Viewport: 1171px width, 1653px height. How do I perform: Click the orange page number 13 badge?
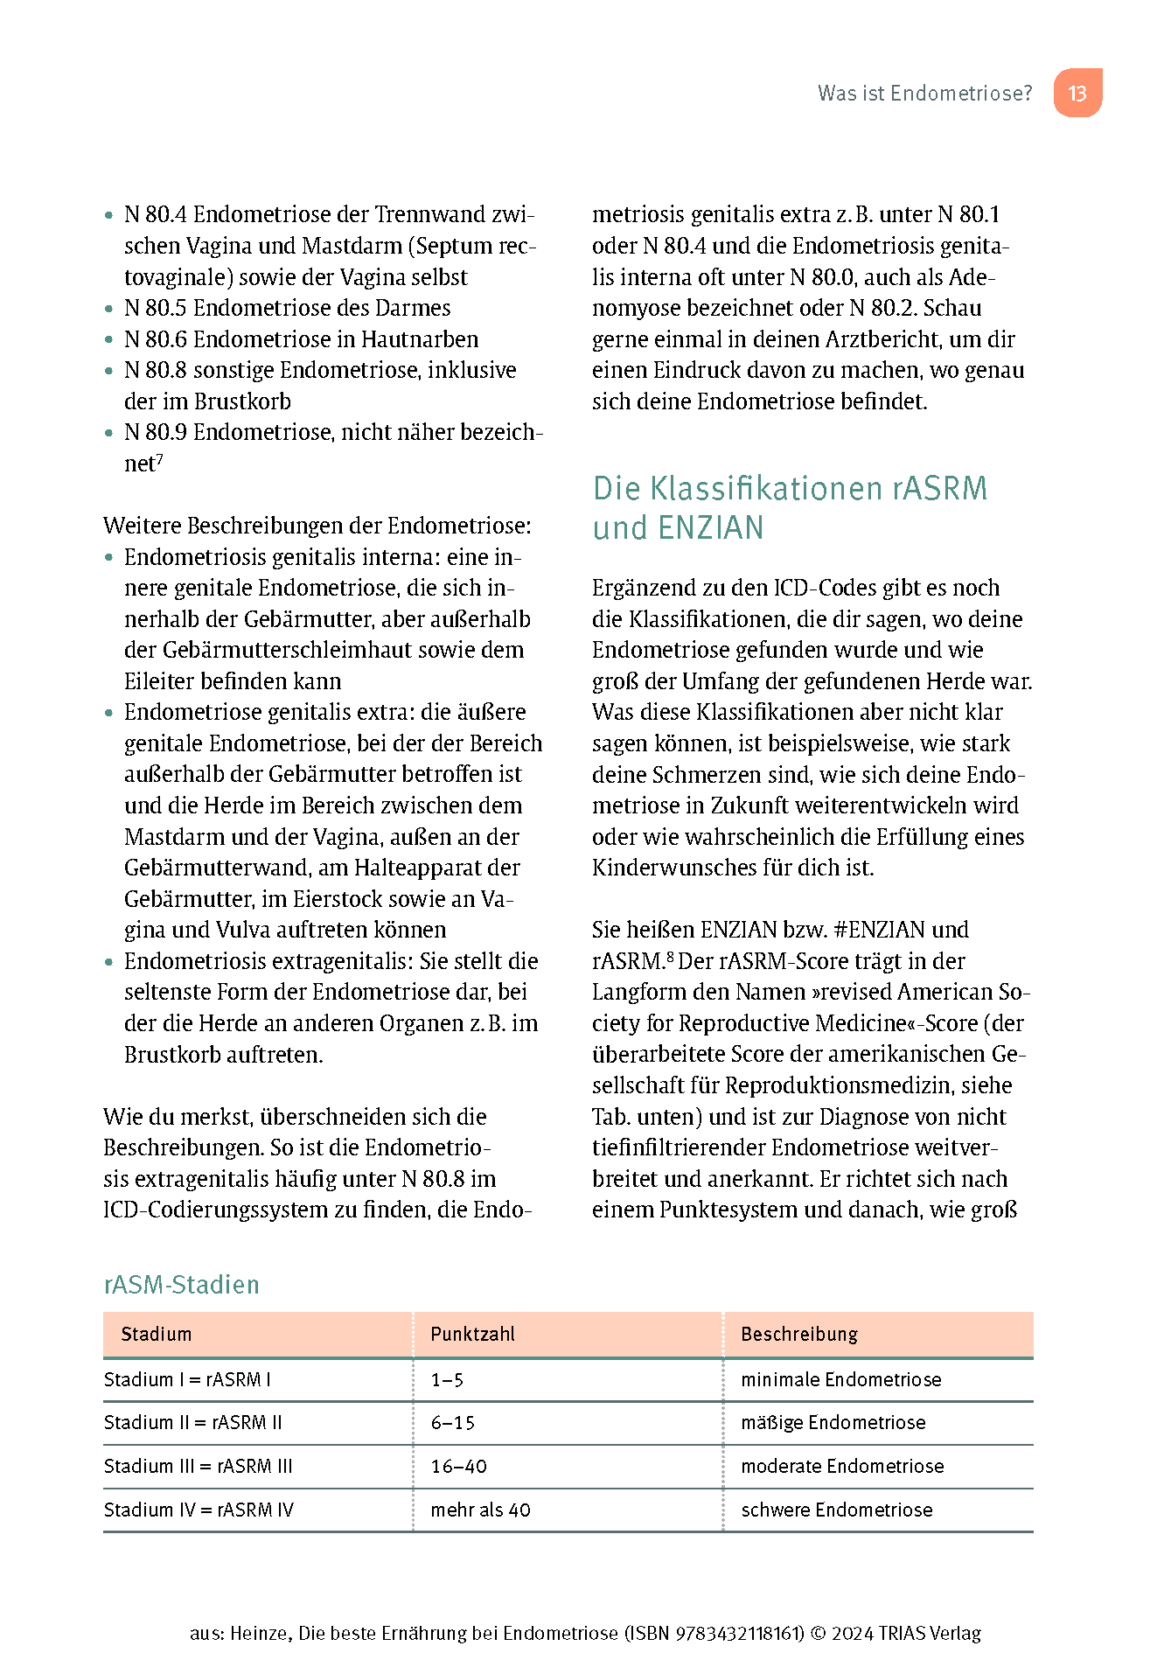click(x=1077, y=94)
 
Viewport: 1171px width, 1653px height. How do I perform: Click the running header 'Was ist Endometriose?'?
click(x=924, y=94)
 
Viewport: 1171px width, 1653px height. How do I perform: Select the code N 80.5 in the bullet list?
click(x=155, y=308)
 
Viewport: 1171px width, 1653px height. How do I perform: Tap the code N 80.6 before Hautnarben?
click(x=155, y=339)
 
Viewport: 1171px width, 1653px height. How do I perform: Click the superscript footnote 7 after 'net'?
click(x=160, y=458)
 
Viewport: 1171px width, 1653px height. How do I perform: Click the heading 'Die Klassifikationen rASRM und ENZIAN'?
click(x=789, y=507)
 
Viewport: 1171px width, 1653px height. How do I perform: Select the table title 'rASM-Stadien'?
click(x=181, y=1285)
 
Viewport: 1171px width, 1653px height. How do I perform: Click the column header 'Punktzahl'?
click(x=472, y=1335)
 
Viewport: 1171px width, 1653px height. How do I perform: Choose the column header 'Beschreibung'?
click(x=798, y=1335)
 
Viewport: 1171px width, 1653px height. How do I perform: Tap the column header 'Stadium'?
click(x=156, y=1335)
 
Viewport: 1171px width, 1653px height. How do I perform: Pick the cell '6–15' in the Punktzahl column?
click(x=452, y=1423)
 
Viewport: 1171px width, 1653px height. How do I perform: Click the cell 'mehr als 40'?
click(x=480, y=1510)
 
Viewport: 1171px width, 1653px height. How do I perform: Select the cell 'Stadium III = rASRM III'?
click(x=198, y=1467)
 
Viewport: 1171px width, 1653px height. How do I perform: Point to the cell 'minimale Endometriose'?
click(x=840, y=1380)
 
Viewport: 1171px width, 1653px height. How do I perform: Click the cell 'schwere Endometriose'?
click(x=836, y=1510)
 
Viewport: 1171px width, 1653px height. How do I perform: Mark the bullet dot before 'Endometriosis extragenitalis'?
click(x=109, y=962)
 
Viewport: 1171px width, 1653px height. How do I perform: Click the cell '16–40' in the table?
click(x=458, y=1467)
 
